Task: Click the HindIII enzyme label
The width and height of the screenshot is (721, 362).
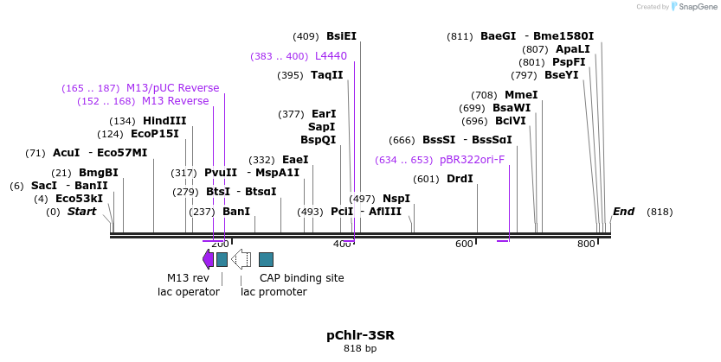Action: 164,121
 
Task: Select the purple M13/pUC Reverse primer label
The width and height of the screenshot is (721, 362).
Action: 172,88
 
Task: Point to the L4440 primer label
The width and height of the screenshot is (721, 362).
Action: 331,56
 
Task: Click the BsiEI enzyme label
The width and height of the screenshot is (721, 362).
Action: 341,36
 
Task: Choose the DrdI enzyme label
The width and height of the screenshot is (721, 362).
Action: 460,179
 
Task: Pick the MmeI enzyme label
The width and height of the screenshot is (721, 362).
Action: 521,95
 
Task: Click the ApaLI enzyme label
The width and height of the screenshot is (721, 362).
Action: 572,49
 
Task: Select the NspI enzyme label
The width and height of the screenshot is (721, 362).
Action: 396,199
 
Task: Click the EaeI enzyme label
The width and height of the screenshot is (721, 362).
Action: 295,160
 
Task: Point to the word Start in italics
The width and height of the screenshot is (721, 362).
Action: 81,212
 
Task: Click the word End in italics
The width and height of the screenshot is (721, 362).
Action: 623,212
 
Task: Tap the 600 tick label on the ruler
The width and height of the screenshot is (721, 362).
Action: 466,245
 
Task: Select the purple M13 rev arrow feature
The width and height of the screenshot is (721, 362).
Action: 208,259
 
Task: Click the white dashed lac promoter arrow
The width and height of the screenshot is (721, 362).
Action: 241,259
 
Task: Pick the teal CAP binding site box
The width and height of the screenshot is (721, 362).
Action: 266,259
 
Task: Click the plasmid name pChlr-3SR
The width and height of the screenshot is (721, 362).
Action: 360,334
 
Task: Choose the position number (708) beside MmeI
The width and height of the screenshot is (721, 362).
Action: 483,95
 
